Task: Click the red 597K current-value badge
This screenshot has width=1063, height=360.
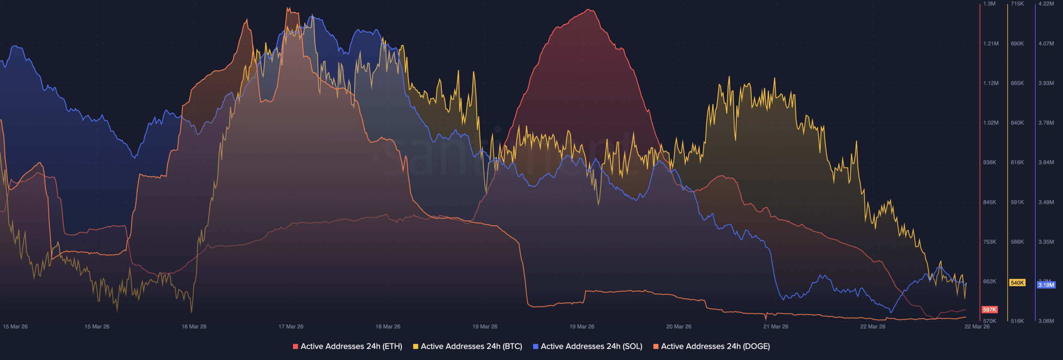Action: tap(990, 310)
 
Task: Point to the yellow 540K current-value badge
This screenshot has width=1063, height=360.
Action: tap(1017, 283)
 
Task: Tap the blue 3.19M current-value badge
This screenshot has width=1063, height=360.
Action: tap(1046, 285)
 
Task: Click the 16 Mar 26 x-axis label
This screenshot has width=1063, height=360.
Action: tap(194, 327)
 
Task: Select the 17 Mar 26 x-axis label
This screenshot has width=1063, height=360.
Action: tap(291, 327)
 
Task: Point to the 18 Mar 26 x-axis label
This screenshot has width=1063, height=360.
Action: tap(388, 327)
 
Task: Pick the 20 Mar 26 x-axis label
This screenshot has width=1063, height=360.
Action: tap(678, 327)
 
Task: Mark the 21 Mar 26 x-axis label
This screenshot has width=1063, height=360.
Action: tap(776, 327)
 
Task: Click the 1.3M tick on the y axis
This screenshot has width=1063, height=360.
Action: tap(989, 4)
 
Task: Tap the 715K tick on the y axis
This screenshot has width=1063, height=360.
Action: tap(1017, 4)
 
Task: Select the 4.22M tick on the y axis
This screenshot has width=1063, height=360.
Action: tap(1046, 4)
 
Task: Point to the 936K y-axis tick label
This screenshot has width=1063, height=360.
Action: tap(990, 162)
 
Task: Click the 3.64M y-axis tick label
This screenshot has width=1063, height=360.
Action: tap(1046, 162)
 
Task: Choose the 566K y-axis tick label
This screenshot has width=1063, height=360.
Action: tap(1017, 242)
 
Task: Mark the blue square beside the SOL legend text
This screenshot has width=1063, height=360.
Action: tap(536, 346)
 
